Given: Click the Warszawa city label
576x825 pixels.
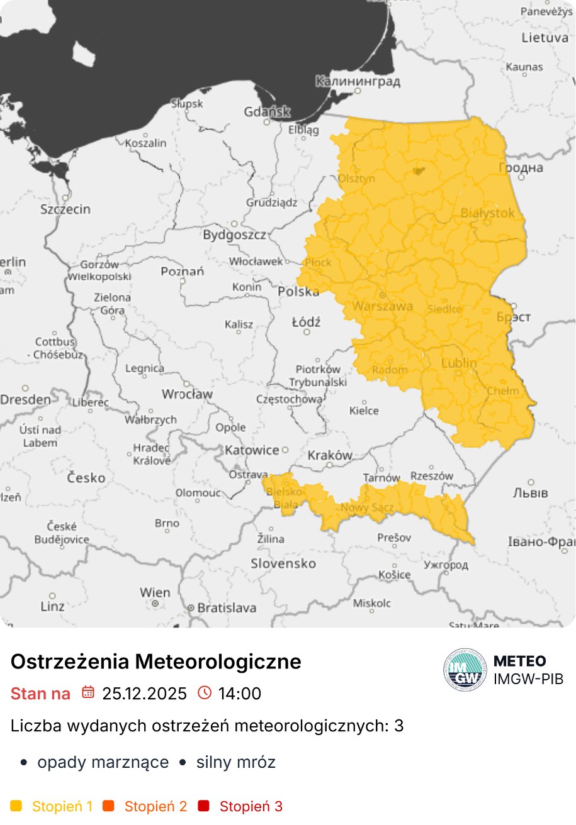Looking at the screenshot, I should pyautogui.click(x=383, y=306).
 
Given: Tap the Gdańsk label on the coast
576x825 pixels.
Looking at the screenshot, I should pyautogui.click(x=267, y=113).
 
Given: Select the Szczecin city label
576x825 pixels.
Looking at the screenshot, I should pyautogui.click(x=65, y=209).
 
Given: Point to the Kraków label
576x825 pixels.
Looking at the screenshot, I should pyautogui.click(x=330, y=455).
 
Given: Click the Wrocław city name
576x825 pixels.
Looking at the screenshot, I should pyautogui.click(x=187, y=394).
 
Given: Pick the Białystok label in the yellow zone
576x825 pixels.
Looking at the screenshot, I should pyautogui.click(x=488, y=213).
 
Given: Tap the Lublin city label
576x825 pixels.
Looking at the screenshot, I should pyautogui.click(x=459, y=363).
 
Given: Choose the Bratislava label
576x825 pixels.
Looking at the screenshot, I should pyautogui.click(x=227, y=608).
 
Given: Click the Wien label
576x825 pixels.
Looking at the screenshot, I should pyautogui.click(x=155, y=592).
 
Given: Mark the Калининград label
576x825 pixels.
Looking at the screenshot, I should pyautogui.click(x=358, y=81).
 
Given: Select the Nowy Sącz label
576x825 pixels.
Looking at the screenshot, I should pyautogui.click(x=367, y=507).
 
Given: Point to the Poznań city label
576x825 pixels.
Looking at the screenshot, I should pyautogui.click(x=183, y=272).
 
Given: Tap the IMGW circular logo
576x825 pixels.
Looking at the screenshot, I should pyautogui.click(x=465, y=670).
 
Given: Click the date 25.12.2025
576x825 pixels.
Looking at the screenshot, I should pyautogui.click(x=145, y=694).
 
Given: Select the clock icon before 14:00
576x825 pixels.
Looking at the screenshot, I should pyautogui.click(x=205, y=693).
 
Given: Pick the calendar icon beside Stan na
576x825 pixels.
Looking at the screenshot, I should pyautogui.click(x=88, y=693).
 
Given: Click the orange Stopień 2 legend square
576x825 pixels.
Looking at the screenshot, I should pyautogui.click(x=108, y=806).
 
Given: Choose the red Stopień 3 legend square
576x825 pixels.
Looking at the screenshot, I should pyautogui.click(x=203, y=806).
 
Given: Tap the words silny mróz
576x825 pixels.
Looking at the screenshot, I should pyautogui.click(x=235, y=763).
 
